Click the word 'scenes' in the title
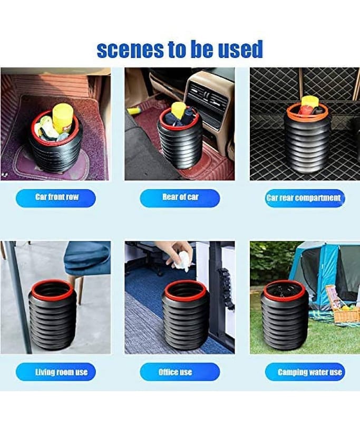pos(130,50)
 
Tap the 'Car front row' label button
pos(56,198)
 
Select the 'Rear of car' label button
pos(180,198)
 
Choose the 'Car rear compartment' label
pos(305,198)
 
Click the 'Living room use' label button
pos(56,372)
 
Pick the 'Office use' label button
pos(180,372)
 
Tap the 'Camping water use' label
pos(305,372)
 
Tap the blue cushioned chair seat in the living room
pos(86,258)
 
